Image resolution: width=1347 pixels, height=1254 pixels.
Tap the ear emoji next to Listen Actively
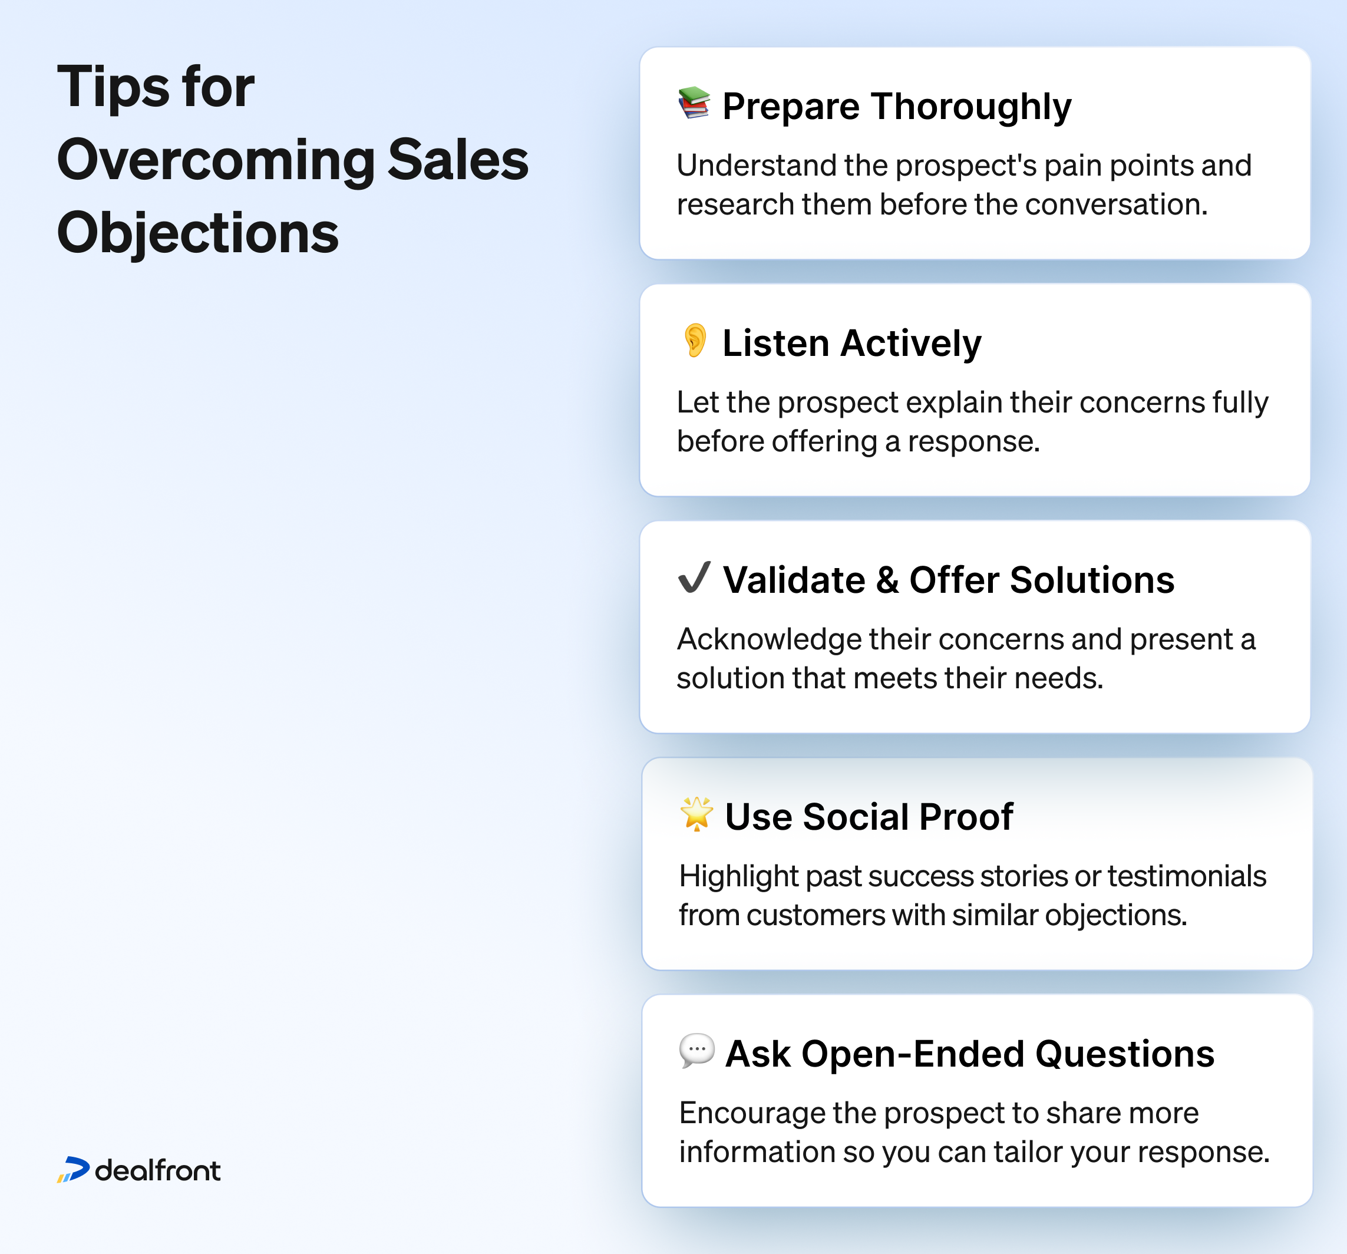click(695, 340)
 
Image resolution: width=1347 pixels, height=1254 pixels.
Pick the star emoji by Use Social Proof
click(696, 814)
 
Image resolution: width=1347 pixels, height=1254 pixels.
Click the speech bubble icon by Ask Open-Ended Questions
click(696, 1051)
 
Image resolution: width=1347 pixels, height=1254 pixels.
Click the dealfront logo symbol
click(73, 1170)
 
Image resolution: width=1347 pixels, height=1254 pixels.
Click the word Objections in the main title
click(198, 233)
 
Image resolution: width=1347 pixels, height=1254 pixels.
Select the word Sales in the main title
click(458, 160)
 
